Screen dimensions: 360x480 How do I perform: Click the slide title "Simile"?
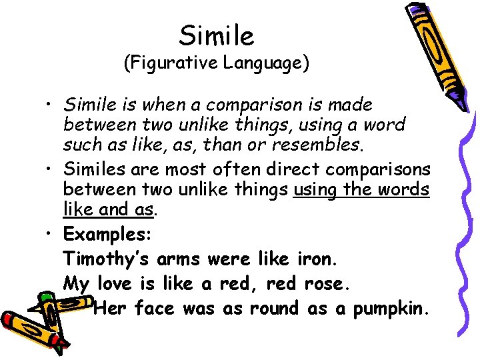[x=217, y=35]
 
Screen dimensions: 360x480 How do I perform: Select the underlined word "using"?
[x=316, y=190]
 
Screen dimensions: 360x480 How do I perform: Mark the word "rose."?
[x=325, y=284]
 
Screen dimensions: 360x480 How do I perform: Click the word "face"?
[x=155, y=309]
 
